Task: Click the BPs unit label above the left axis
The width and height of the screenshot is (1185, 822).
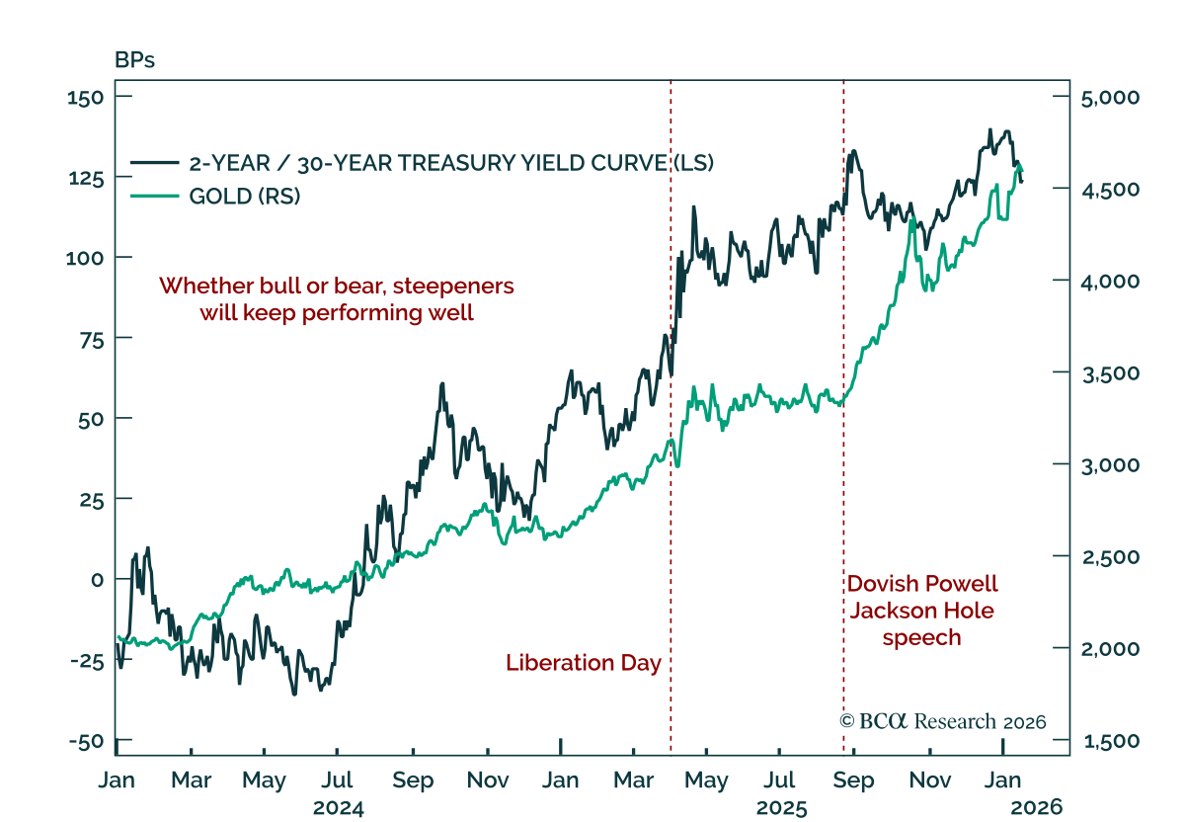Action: point(135,60)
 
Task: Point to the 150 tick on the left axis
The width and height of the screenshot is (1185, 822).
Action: point(85,97)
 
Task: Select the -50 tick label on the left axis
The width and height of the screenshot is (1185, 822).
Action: point(85,741)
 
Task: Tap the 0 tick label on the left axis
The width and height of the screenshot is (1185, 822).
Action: point(97,580)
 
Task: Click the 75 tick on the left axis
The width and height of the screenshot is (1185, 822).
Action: point(91,338)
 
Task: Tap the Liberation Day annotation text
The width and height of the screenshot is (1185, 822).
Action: point(583,663)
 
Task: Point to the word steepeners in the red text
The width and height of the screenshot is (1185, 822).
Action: point(448,286)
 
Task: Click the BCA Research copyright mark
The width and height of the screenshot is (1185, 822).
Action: point(942,721)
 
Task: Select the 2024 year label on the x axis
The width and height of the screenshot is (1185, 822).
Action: point(339,807)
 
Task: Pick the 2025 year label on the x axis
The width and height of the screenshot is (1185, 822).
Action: point(782,807)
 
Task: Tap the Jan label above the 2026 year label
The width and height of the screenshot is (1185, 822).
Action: point(1003,781)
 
